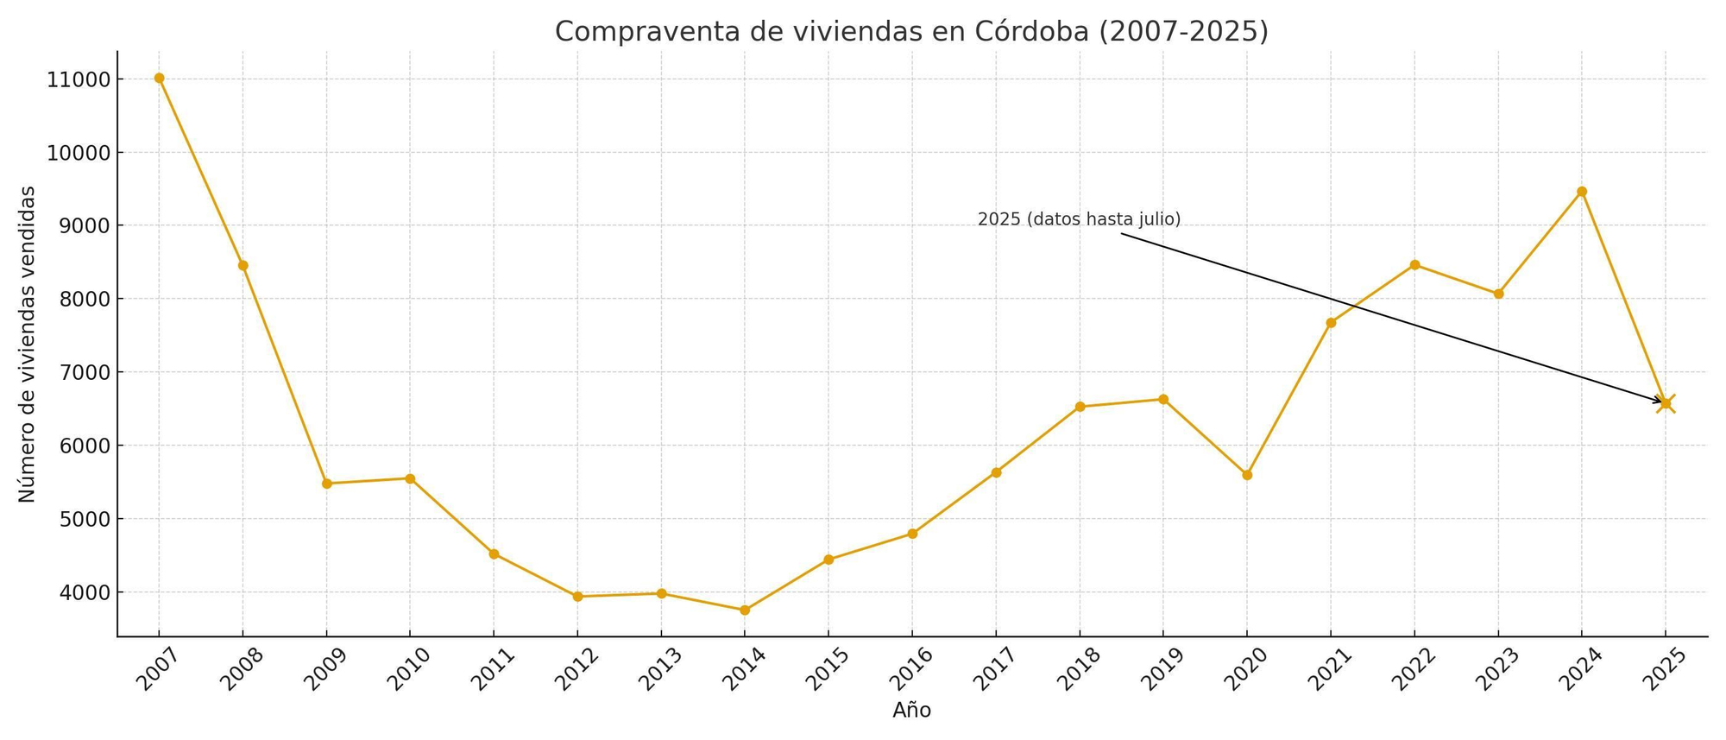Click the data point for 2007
[x=159, y=78]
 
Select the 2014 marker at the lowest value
[x=745, y=610]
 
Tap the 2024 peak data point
[x=1582, y=192]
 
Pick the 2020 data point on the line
[x=1247, y=475]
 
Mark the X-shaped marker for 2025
[x=1666, y=403]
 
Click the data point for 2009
[x=326, y=484]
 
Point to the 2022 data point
[x=1414, y=265]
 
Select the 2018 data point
[x=1080, y=407]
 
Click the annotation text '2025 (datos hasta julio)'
[x=1079, y=219]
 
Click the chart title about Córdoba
[x=911, y=31]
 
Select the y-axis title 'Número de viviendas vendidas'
[x=28, y=344]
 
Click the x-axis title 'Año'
[x=911, y=711]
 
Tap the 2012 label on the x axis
[x=576, y=669]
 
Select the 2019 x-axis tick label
[x=1162, y=669]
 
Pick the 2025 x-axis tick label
[x=1665, y=669]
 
